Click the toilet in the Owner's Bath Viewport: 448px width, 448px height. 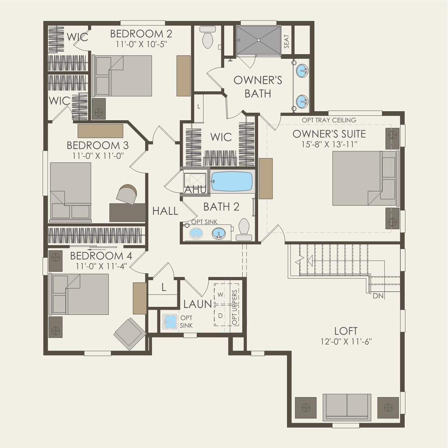click(208, 37)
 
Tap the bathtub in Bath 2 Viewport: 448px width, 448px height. click(232, 182)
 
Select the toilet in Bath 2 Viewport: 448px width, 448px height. click(244, 230)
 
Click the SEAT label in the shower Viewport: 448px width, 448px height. click(287, 42)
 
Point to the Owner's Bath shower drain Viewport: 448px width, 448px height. click(258, 40)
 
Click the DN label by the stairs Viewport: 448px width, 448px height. click(378, 296)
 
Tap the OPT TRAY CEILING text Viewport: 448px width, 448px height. click(329, 120)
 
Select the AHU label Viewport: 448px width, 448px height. click(196, 190)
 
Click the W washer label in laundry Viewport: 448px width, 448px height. click(221, 295)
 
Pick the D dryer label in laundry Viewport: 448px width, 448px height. click(221, 316)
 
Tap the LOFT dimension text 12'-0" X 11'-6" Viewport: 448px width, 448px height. click(346, 342)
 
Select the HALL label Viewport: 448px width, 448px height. click(165, 211)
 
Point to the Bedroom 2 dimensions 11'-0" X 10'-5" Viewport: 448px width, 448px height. click(142, 44)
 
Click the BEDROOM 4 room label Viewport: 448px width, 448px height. click(101, 256)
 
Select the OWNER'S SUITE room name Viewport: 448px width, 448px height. click(329, 134)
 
